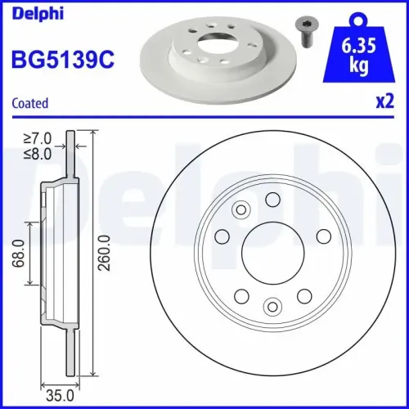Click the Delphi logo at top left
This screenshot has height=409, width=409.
click(30, 12)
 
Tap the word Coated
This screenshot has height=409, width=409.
click(30, 103)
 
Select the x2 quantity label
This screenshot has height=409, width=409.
click(384, 103)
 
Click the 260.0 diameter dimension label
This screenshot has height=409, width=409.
click(103, 254)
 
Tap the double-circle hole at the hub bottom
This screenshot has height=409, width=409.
click(271, 307)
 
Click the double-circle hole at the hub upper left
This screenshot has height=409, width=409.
click(240, 211)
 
